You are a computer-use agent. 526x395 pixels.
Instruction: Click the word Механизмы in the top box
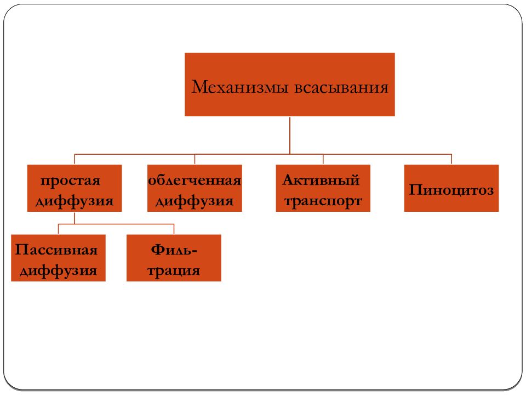tap(240, 87)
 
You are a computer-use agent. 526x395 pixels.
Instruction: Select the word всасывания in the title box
tap(341, 88)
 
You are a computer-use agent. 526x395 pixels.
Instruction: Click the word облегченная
tap(195, 180)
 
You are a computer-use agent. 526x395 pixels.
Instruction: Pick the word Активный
tap(321, 180)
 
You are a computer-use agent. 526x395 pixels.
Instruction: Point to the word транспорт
tap(323, 201)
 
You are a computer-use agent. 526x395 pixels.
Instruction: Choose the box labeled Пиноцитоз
tap(451, 188)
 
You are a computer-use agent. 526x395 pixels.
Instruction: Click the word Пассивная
tap(56, 250)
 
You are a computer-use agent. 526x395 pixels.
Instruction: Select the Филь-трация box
tap(174, 258)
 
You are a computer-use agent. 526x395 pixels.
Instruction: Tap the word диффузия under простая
tap(75, 201)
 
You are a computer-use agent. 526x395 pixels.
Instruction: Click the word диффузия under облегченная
tap(195, 201)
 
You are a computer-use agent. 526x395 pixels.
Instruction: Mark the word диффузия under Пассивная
tap(59, 271)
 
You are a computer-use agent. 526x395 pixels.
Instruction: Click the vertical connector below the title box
tap(290, 136)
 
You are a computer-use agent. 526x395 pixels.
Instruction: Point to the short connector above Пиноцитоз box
tap(451, 159)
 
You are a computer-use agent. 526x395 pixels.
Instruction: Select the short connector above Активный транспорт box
tap(323, 159)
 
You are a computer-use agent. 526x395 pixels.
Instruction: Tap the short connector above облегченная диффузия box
tap(195, 159)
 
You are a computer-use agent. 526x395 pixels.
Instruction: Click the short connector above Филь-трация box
tap(174, 229)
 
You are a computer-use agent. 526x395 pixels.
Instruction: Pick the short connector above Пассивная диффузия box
tap(59, 229)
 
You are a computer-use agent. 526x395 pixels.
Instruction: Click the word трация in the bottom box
tap(174, 270)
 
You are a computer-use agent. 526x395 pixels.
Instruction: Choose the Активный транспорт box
tap(323, 188)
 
